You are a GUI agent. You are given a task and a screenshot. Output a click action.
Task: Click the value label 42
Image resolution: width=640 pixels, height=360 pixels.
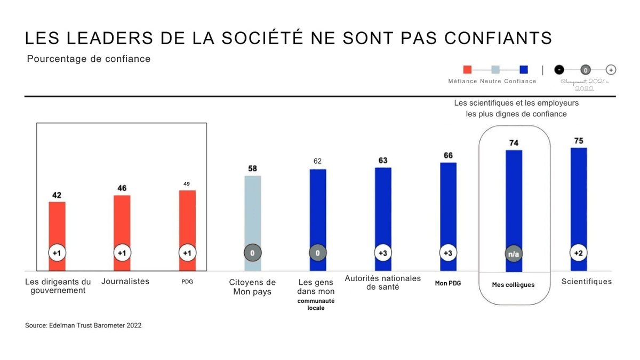tap(57, 195)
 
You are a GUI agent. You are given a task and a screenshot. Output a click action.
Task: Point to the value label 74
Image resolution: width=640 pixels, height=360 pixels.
tap(514, 143)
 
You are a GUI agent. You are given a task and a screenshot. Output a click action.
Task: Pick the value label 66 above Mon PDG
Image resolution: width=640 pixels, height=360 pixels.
tap(448, 155)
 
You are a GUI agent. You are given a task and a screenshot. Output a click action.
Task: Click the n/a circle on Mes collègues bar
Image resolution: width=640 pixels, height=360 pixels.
tap(514, 254)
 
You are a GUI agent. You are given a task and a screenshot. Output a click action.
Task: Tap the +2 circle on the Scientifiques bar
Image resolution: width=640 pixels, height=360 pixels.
tap(579, 253)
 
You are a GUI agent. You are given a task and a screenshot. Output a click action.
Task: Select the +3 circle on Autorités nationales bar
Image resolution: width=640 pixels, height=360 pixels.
tap(382, 253)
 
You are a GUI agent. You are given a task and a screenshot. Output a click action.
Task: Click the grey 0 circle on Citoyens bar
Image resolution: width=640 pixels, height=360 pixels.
tap(252, 253)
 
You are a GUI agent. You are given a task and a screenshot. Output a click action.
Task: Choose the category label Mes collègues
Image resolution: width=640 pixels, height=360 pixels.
tap(513, 285)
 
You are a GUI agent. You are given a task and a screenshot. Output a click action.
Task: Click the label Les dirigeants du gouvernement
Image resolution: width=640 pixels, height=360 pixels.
tap(58, 286)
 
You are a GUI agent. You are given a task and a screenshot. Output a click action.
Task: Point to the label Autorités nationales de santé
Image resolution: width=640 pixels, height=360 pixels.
tap(382, 283)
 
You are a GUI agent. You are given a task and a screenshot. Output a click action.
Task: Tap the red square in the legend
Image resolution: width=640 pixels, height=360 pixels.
tap(467, 69)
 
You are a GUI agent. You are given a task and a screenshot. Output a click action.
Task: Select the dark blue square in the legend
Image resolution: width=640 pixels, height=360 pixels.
tap(523, 69)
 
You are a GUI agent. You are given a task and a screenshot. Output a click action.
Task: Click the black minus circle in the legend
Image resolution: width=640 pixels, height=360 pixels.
tap(558, 70)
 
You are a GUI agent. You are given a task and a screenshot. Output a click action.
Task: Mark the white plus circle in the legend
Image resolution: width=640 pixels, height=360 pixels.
tap(611, 70)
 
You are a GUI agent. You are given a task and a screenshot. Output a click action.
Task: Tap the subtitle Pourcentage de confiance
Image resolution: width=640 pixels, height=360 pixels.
tap(89, 59)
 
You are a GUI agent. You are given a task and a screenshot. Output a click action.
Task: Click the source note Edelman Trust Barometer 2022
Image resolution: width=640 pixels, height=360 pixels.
tap(83, 325)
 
